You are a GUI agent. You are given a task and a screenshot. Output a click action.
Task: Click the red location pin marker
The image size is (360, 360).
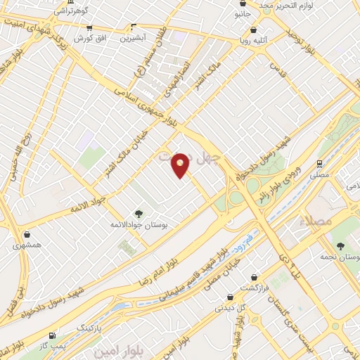(181, 166)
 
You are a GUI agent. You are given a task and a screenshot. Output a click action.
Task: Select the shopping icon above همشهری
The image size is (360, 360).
(27, 235)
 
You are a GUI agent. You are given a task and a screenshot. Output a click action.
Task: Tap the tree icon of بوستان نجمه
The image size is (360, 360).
(341, 246)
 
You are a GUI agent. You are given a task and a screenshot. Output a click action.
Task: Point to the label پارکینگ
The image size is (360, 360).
(94, 328)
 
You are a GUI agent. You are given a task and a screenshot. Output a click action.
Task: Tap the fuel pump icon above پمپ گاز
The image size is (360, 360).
(51, 336)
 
